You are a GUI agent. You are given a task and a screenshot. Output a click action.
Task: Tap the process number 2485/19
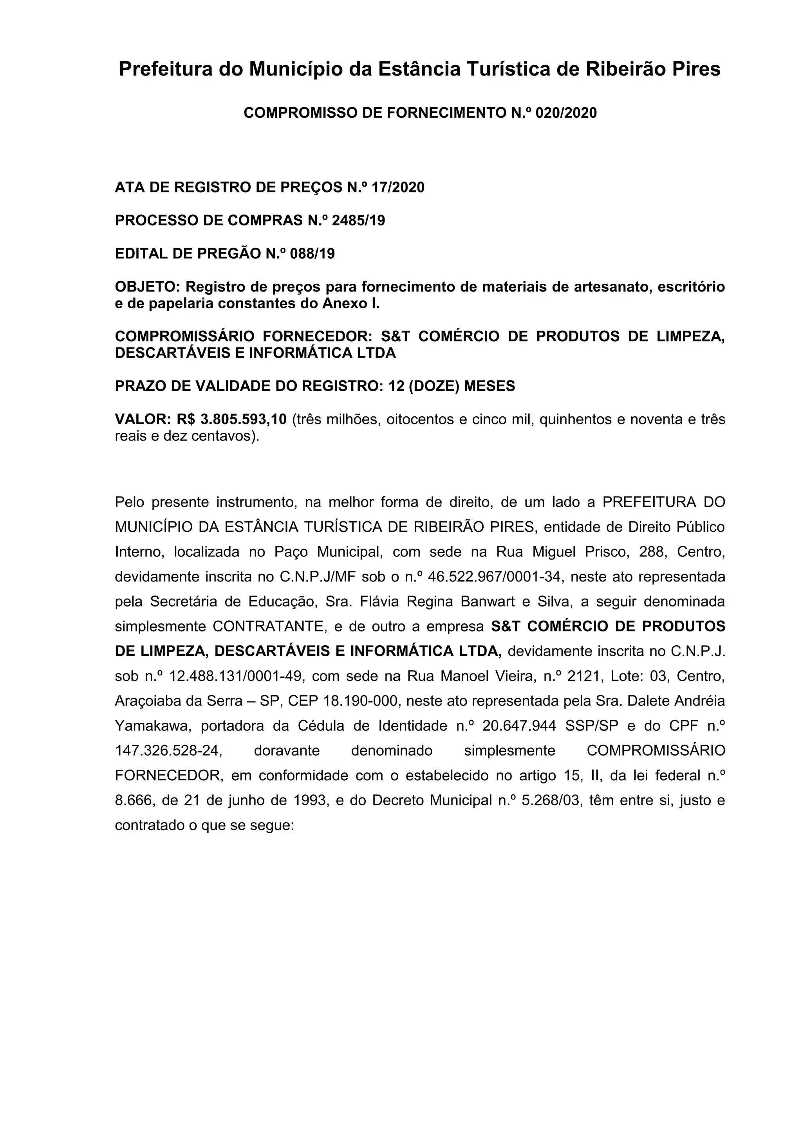358,220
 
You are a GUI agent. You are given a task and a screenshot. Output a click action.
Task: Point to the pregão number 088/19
313,254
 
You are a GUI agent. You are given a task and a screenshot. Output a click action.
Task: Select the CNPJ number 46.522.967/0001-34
496,577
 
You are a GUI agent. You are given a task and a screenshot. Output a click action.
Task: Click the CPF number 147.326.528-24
168,751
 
